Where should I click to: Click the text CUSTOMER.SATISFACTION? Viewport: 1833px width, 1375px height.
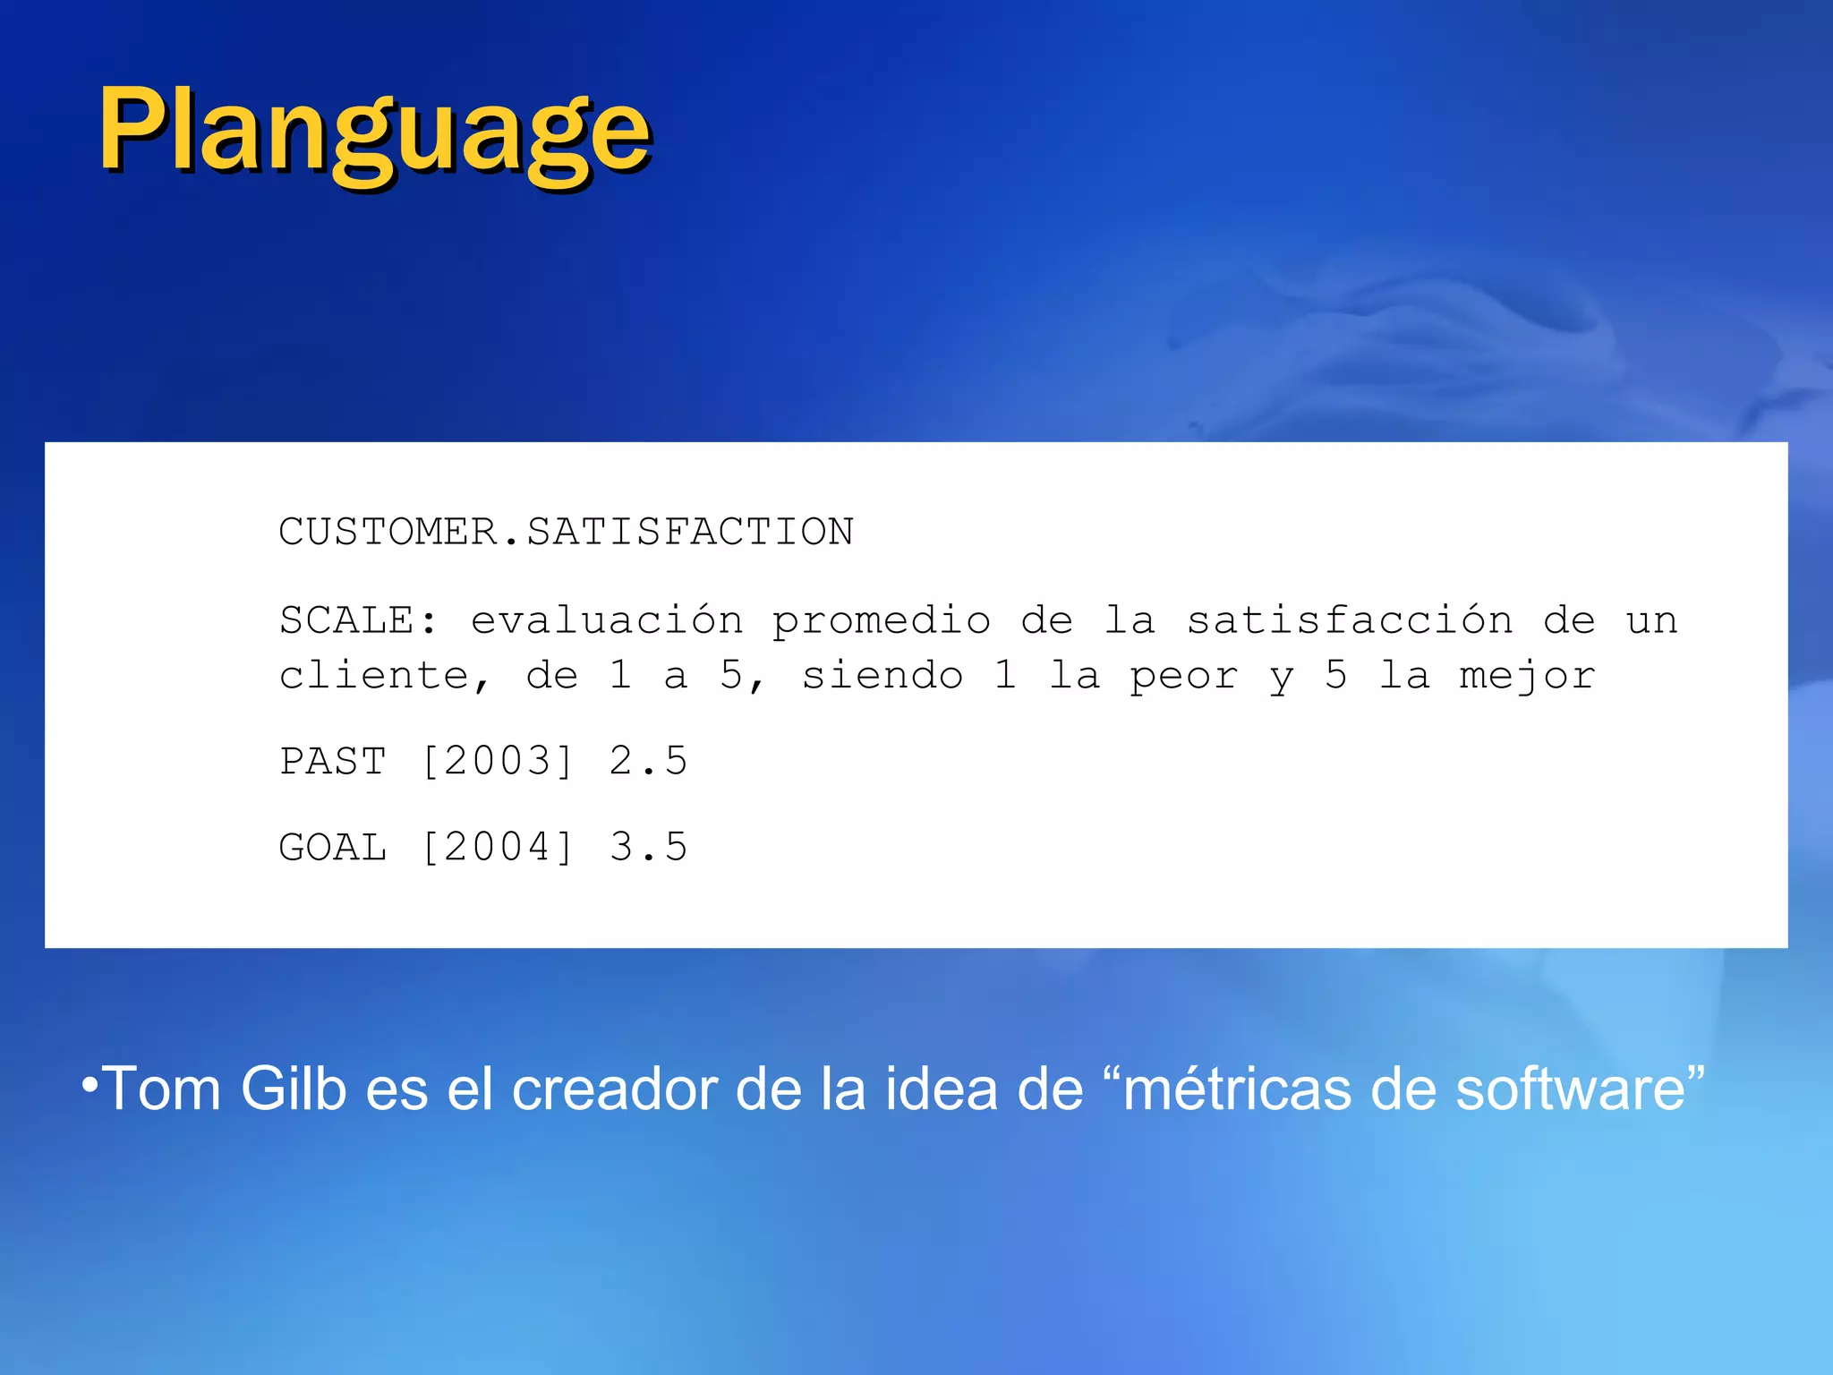click(566, 532)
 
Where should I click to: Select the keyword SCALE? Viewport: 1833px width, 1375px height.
click(359, 620)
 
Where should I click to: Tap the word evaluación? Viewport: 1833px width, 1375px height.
click(607, 620)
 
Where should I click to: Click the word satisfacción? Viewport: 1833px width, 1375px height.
click(1350, 620)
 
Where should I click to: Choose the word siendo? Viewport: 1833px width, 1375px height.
click(882, 676)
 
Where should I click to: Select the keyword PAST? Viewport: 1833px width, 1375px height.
click(333, 762)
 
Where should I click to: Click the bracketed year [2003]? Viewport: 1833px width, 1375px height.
click(497, 762)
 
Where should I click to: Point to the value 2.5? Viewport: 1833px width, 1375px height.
click(649, 762)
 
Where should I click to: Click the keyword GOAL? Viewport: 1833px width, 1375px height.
click(333, 848)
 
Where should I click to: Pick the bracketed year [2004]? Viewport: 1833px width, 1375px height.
click(497, 848)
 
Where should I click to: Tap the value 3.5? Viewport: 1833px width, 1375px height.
click(649, 848)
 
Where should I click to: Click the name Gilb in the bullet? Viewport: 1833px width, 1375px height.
click(294, 1089)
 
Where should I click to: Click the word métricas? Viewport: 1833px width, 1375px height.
click(1236, 1089)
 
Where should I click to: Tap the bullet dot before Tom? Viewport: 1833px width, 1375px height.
click(89, 1085)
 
